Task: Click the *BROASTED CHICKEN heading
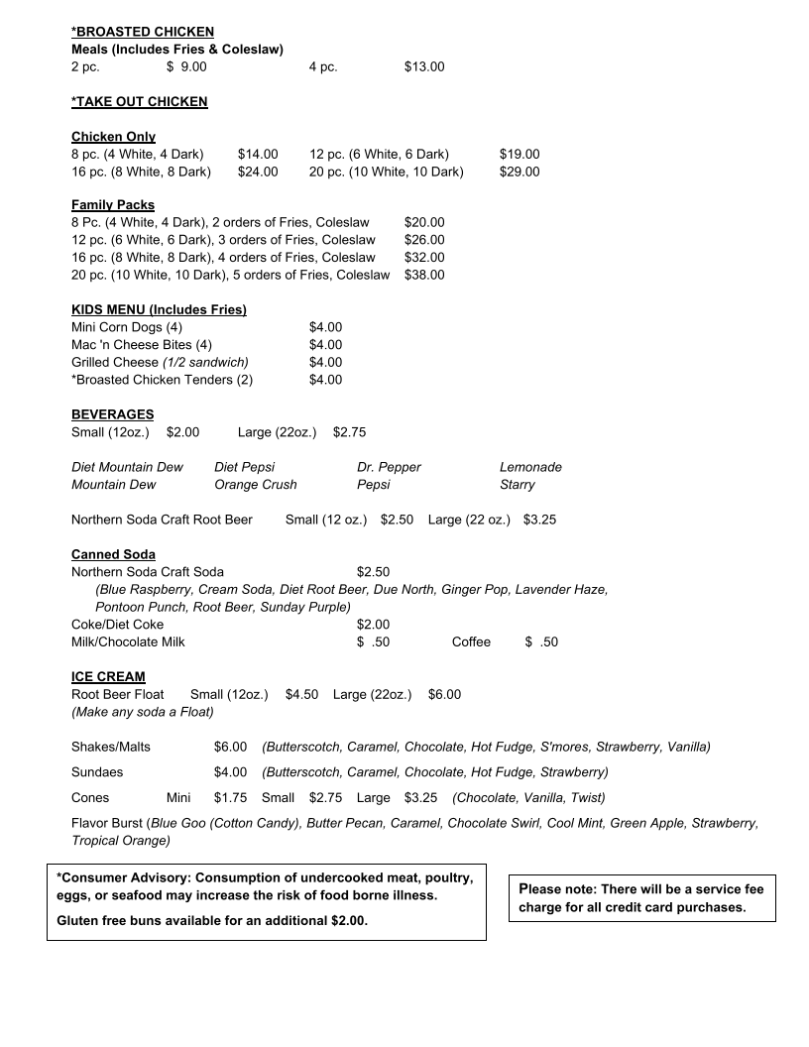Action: pyautogui.click(x=143, y=32)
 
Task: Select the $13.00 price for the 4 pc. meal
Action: pyautogui.click(x=424, y=67)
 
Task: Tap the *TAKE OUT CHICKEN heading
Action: pyautogui.click(x=140, y=101)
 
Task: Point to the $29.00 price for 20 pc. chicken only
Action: pyautogui.click(x=520, y=172)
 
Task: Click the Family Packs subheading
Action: pyautogui.click(x=113, y=205)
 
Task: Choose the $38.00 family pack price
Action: pyautogui.click(x=424, y=275)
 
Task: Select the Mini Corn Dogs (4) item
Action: pyautogui.click(x=127, y=327)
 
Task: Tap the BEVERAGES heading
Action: pyautogui.click(x=113, y=413)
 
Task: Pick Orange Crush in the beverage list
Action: pyautogui.click(x=256, y=485)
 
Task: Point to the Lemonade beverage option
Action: pyautogui.click(x=530, y=467)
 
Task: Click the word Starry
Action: pyautogui.click(x=518, y=485)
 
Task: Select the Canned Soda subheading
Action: pyautogui.click(x=113, y=554)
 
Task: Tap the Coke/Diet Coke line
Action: pyautogui.click(x=117, y=625)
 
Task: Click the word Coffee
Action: pyautogui.click(x=471, y=641)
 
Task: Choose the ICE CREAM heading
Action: pyautogui.click(x=108, y=676)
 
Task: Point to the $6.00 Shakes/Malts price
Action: pyautogui.click(x=230, y=747)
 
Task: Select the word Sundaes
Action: pyautogui.click(x=97, y=771)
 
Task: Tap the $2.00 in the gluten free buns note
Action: pyautogui.click(x=348, y=920)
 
